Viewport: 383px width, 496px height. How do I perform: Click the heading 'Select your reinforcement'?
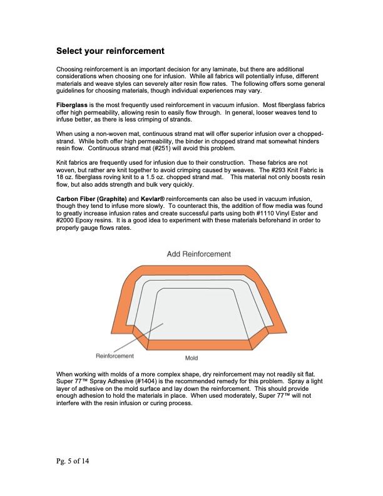[x=110, y=50]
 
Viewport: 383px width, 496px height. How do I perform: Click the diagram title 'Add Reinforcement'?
[x=199, y=254]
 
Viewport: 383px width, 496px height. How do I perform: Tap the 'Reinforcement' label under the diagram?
[x=115, y=356]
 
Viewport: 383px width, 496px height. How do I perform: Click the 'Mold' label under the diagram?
[x=191, y=358]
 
